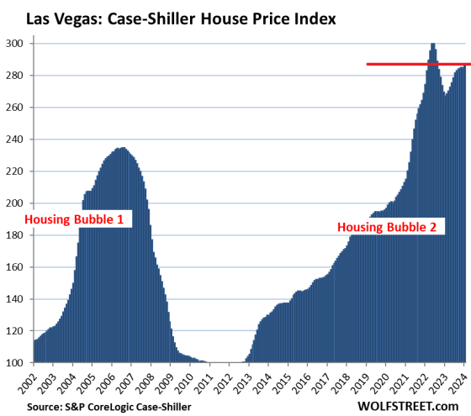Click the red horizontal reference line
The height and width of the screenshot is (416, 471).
pos(412,64)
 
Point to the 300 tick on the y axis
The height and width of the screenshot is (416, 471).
pos(17,44)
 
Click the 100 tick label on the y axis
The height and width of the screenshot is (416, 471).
pos(17,363)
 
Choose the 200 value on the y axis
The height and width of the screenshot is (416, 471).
pos(17,203)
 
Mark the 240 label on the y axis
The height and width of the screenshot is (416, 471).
pos(17,140)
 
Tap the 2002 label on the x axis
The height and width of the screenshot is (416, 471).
pos(35,382)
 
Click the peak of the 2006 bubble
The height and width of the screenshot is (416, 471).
pos(123,149)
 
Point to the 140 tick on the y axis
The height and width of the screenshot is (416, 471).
pos(17,299)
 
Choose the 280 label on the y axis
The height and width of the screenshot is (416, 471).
pos(17,76)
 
